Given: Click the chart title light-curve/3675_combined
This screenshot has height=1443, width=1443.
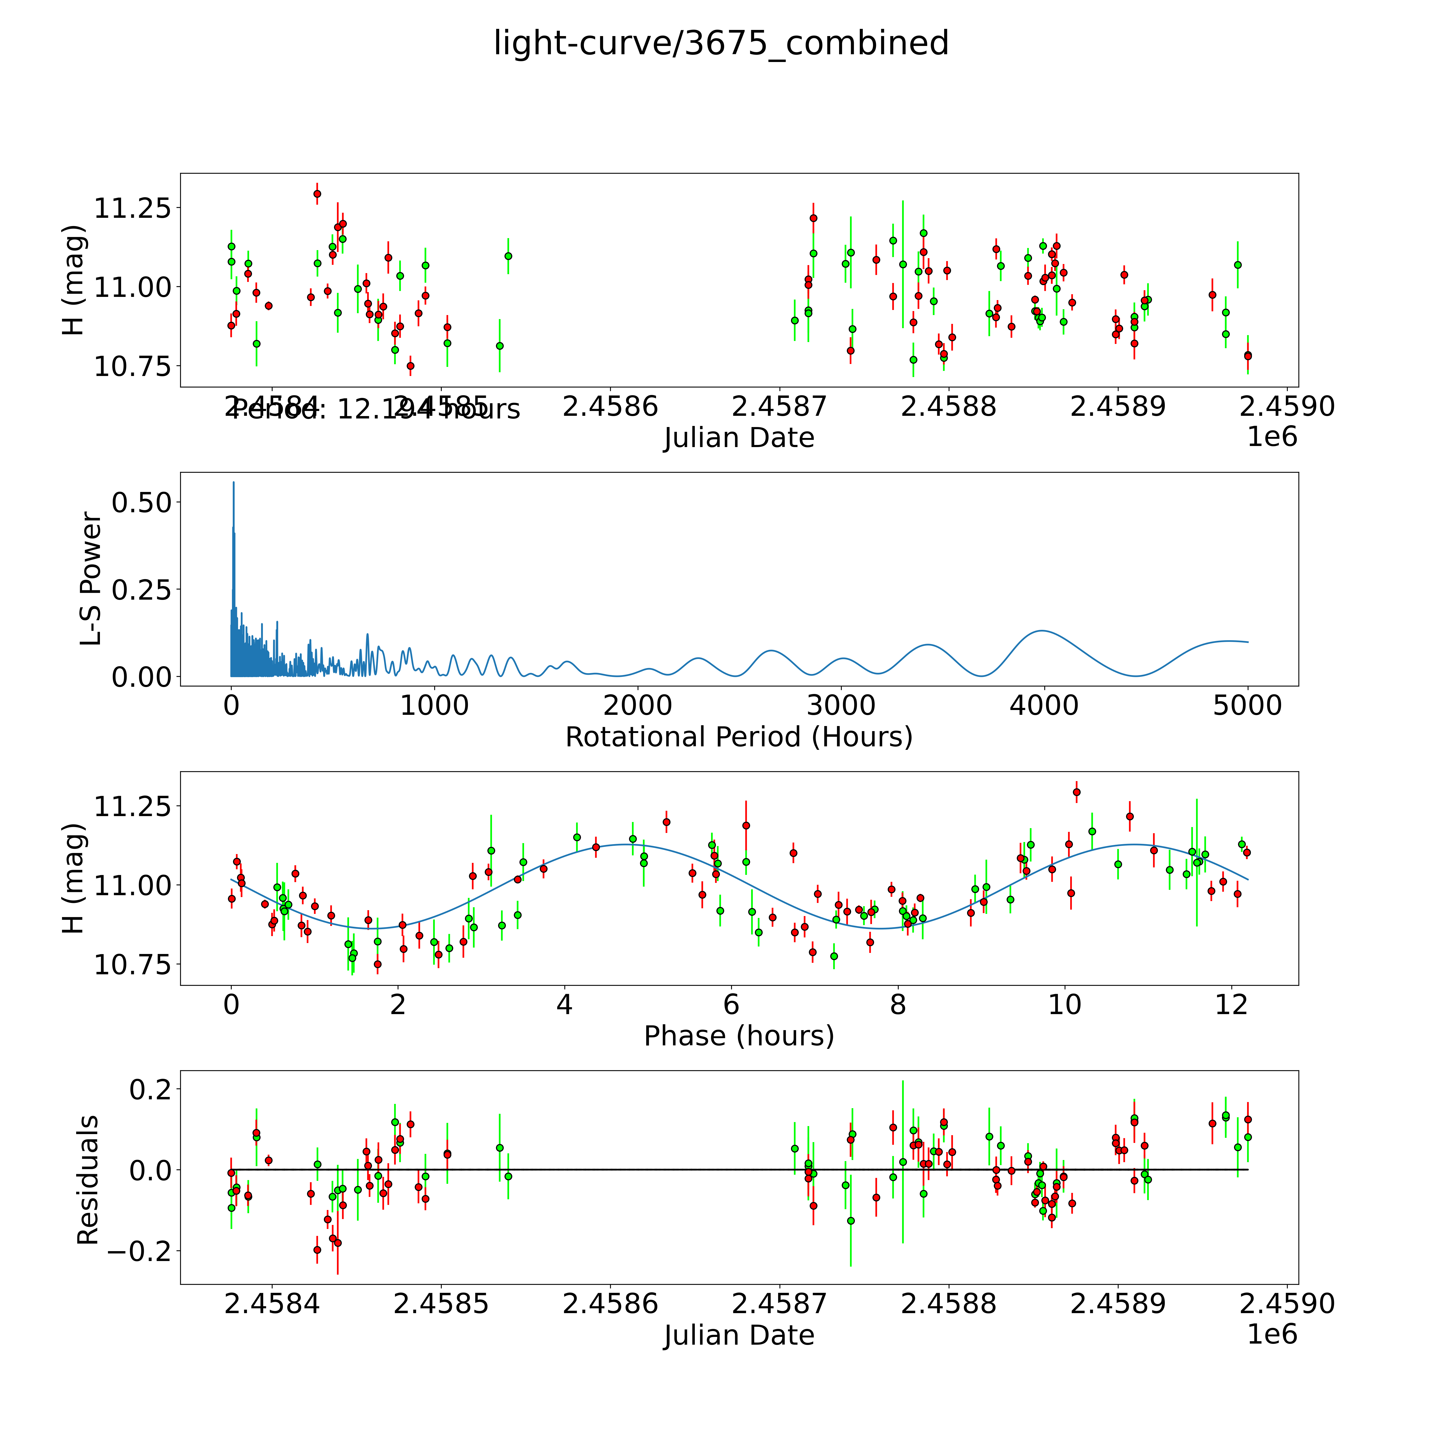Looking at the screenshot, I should (x=721, y=43).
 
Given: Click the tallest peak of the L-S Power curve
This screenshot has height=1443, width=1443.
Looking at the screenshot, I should (x=233, y=483).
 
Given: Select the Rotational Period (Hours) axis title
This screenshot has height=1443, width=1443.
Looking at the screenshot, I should (x=739, y=737).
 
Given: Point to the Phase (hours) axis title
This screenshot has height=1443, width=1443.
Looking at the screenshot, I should (x=739, y=1036).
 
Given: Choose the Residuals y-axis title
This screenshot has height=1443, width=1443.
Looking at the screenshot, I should (x=88, y=1180).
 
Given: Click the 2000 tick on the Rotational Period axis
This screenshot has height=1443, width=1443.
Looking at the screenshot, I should (x=638, y=705).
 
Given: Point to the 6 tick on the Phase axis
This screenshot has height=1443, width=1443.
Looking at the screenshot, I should (x=731, y=1004).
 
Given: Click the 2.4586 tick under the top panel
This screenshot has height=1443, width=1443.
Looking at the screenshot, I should (x=610, y=407).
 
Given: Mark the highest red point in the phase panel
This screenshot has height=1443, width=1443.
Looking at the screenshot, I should (x=1076, y=792).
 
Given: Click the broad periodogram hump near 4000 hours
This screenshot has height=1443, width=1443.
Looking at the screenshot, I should (x=1040, y=631).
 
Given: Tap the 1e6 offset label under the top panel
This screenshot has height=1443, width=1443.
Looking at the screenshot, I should (x=1272, y=437).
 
